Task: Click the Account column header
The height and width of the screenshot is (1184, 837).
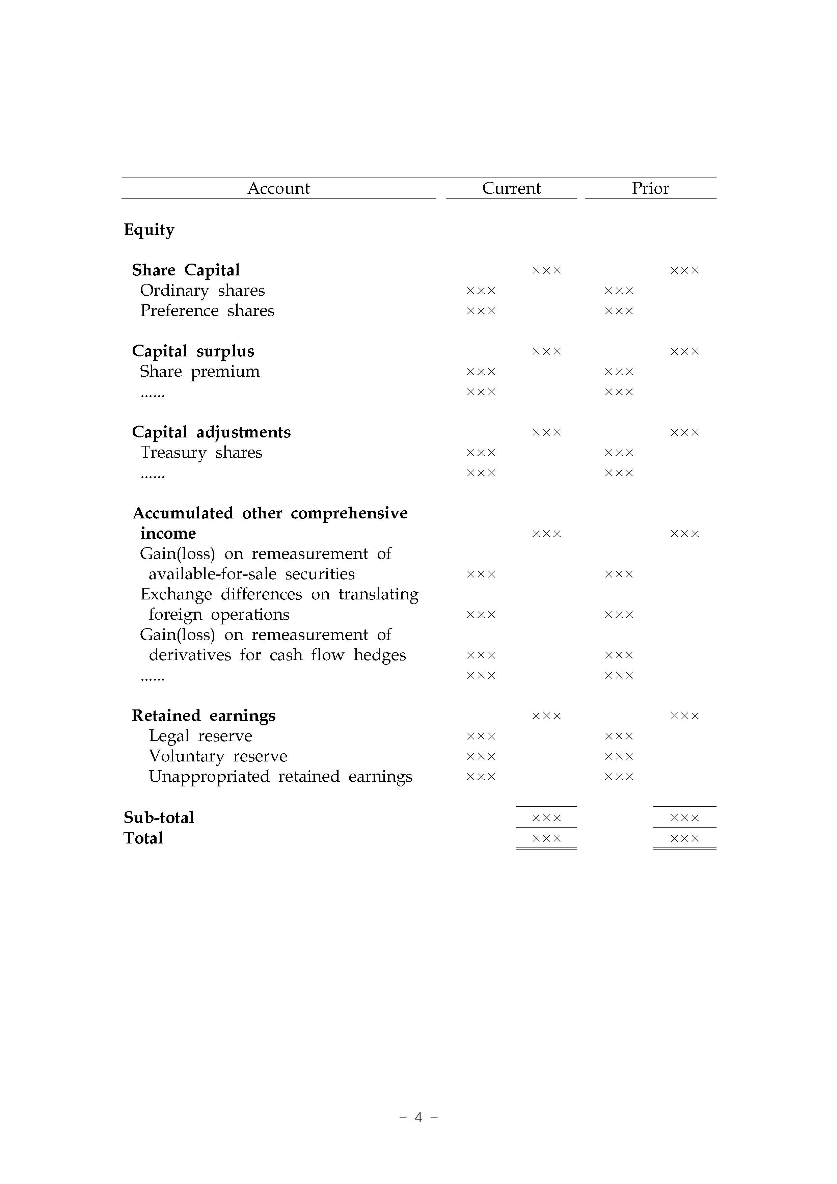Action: click(278, 188)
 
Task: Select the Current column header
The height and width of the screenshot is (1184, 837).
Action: click(511, 188)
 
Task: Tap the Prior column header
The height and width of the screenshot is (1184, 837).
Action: click(650, 188)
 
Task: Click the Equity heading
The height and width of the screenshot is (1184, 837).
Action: click(149, 230)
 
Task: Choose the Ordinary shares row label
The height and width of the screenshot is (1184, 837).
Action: click(202, 290)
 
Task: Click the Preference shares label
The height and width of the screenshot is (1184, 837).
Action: click(207, 311)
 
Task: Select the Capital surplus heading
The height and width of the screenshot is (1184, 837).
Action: click(193, 351)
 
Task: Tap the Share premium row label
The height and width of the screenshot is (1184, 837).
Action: click(199, 371)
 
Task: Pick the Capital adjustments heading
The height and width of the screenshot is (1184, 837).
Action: click(211, 432)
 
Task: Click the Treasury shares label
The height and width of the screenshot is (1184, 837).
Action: click(201, 452)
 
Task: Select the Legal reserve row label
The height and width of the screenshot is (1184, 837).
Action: click(200, 736)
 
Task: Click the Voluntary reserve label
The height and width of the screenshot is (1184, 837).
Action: click(218, 756)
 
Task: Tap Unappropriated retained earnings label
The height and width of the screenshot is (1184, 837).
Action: click(280, 776)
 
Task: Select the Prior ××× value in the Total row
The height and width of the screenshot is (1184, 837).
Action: click(684, 838)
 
